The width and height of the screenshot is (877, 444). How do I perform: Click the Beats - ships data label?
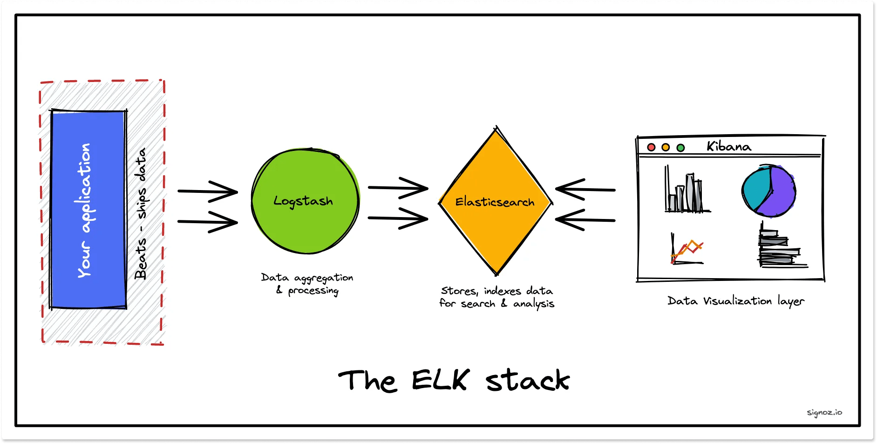pyautogui.click(x=141, y=213)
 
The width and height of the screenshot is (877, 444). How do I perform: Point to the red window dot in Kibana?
pyautogui.click(x=651, y=147)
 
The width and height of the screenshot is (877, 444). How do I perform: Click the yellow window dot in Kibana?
pyautogui.click(x=666, y=147)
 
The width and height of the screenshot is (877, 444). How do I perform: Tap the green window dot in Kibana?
pyautogui.click(x=680, y=148)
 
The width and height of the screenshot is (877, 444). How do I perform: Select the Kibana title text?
pyautogui.click(x=728, y=146)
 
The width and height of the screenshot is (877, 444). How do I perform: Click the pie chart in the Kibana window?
pyautogui.click(x=768, y=191)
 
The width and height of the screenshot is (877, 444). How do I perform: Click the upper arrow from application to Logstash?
pyautogui.click(x=208, y=191)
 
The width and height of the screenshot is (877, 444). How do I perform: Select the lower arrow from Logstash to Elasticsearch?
pyautogui.click(x=398, y=218)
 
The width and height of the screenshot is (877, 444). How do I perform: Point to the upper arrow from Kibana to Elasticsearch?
pyautogui.click(x=585, y=189)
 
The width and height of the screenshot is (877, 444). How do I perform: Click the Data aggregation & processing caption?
pyautogui.click(x=307, y=284)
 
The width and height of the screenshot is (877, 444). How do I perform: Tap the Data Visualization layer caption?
pyautogui.click(x=735, y=301)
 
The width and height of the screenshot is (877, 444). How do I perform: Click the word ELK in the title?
pyautogui.click(x=440, y=380)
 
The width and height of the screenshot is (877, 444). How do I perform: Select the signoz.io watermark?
pyautogui.click(x=824, y=412)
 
